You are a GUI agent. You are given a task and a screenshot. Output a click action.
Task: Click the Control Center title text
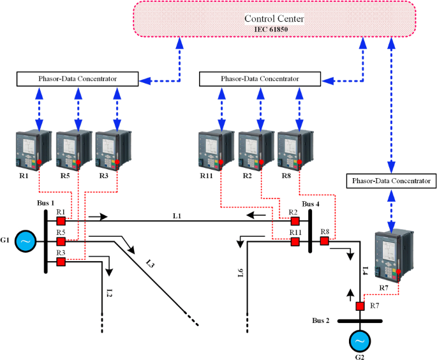coord(283,19)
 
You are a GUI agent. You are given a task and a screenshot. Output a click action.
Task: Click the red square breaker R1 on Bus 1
coord(61,221)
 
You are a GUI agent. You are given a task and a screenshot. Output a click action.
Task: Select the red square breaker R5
coord(61,241)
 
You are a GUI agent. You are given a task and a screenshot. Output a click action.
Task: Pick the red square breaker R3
coord(61,262)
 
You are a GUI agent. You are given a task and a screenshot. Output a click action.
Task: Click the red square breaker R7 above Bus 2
coord(360,306)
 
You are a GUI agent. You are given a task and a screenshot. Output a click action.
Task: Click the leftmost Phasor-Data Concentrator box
coord(77,79)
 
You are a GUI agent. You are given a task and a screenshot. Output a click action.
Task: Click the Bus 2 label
coord(321,319)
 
